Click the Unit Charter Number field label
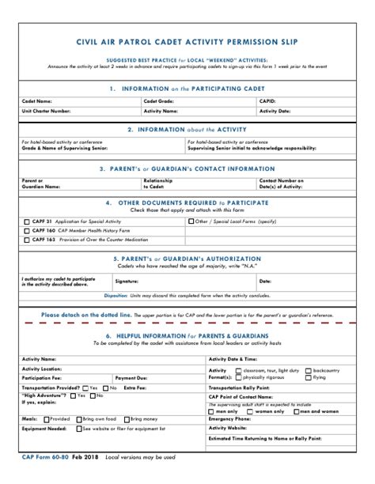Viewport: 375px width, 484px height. click(47, 112)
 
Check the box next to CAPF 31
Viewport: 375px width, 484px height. click(26, 221)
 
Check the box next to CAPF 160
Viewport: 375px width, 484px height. click(26, 230)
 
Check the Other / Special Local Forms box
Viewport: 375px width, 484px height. click(191, 221)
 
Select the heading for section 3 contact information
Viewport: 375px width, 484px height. click(187, 168)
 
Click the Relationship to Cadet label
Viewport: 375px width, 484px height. click(157, 183)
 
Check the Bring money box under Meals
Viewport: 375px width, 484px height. click(127, 419)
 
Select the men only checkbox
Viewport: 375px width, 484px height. click(210, 412)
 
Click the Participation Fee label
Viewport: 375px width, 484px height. click(42, 378)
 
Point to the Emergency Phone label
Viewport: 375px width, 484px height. click(230, 419)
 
